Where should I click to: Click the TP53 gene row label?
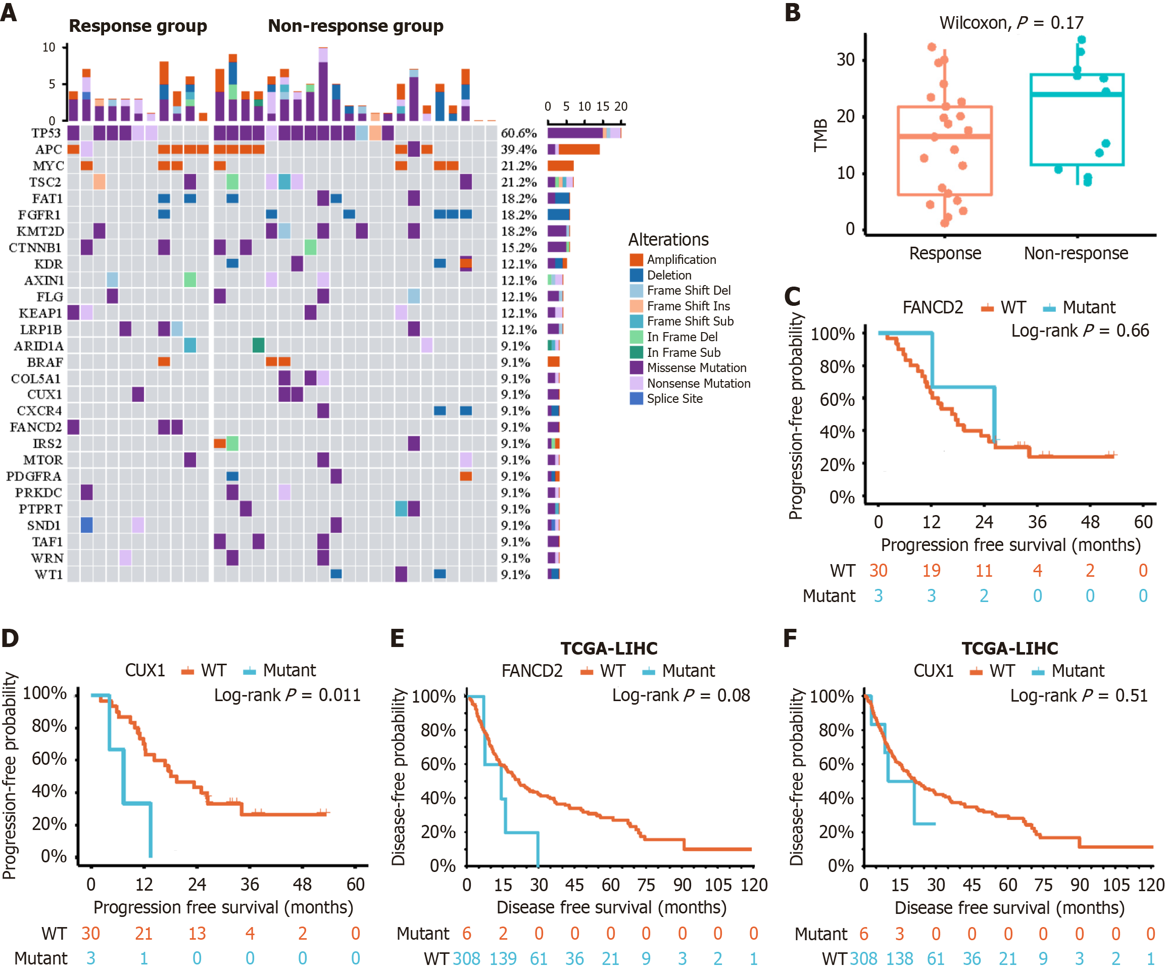(x=45, y=133)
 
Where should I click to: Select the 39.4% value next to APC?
(x=518, y=150)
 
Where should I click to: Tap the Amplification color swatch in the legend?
(x=636, y=259)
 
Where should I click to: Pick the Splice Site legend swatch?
(x=636, y=399)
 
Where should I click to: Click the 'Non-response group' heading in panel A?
(x=355, y=26)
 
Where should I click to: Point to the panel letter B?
(x=792, y=13)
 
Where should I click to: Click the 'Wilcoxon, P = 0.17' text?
(x=1011, y=23)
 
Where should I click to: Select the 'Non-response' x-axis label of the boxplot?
(x=1076, y=253)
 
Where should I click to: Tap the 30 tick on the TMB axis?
(x=845, y=60)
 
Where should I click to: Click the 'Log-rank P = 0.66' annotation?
(x=1080, y=331)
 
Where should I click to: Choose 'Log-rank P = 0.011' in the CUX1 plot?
(x=287, y=695)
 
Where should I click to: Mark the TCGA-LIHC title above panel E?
(x=608, y=649)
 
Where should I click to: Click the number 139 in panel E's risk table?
(x=503, y=958)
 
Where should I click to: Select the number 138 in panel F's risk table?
(x=900, y=958)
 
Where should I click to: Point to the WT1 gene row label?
(x=48, y=575)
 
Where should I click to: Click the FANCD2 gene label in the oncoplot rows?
(x=36, y=427)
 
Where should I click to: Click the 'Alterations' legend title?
(x=668, y=240)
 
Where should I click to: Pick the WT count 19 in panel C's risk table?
(x=931, y=571)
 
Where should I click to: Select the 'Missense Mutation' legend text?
(x=696, y=367)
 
